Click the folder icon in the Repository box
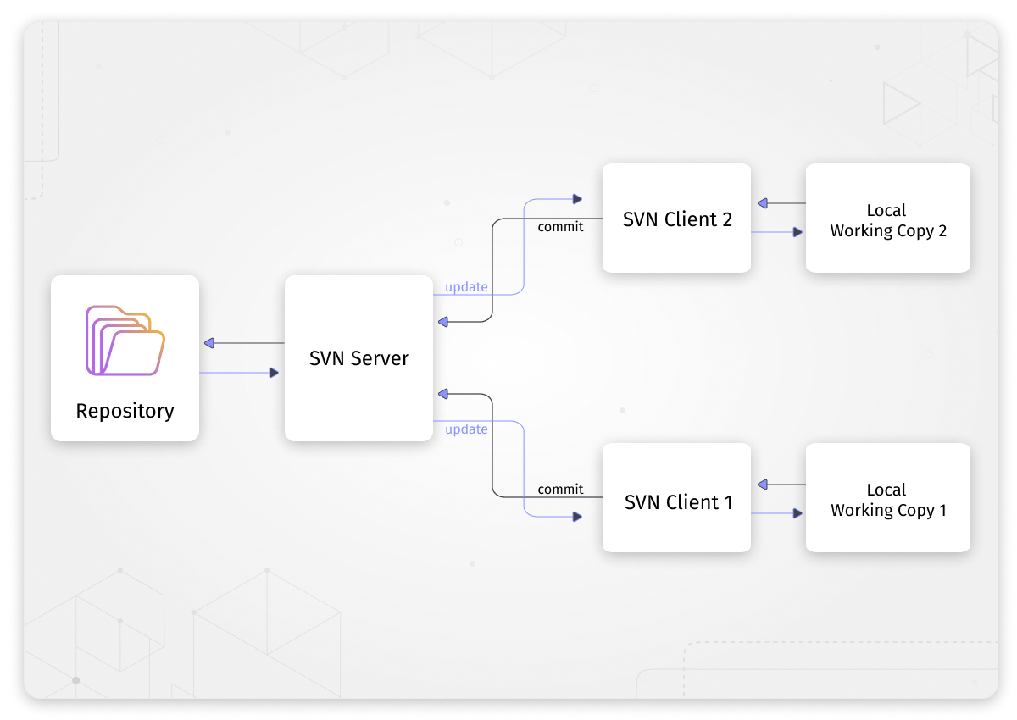tap(125, 341)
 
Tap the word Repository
tap(125, 411)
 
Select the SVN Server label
tap(358, 358)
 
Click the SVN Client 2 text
tap(676, 219)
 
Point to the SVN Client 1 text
tap(678, 502)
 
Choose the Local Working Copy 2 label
tap(887, 220)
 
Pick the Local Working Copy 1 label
tap(887, 500)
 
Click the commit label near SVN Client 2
tap(560, 227)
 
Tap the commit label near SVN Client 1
tap(560, 490)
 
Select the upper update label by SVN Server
tap(466, 287)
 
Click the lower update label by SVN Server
tap(466, 429)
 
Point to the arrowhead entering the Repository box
tap(209, 343)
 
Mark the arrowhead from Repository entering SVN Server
tap(274, 373)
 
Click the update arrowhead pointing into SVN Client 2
tap(577, 199)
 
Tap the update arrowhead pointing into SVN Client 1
tap(577, 516)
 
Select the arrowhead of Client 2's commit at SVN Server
tap(443, 322)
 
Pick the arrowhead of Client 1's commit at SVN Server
tap(443, 394)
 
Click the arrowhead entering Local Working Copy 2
tap(797, 231)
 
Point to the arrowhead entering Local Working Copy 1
tap(797, 512)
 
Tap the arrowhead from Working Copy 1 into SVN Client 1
tap(762, 485)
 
